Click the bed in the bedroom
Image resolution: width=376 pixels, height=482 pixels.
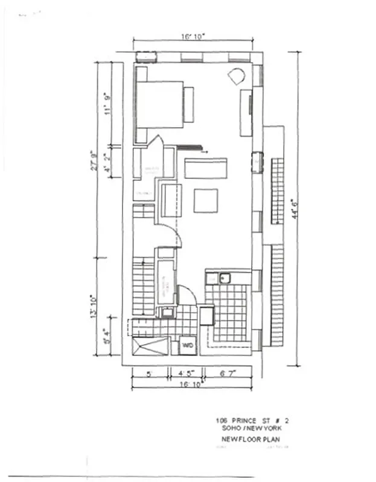[159, 104]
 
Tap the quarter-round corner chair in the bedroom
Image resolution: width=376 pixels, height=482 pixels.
[236, 77]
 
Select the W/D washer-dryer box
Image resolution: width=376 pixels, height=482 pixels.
[187, 346]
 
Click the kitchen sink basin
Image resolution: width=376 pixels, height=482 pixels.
[225, 278]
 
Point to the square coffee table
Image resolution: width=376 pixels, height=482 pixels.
[206, 201]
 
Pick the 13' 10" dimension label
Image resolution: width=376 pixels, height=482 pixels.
[94, 306]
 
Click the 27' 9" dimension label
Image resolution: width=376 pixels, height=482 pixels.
[94, 160]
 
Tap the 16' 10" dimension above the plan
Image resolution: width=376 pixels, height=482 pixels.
[193, 37]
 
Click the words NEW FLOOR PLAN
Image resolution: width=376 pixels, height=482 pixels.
[251, 439]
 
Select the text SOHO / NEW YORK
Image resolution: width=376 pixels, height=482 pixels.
[254, 428]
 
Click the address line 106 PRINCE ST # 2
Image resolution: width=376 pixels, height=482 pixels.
[253, 421]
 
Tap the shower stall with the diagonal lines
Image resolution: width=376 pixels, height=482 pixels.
[150, 347]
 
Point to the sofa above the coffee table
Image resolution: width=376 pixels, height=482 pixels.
[206, 168]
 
